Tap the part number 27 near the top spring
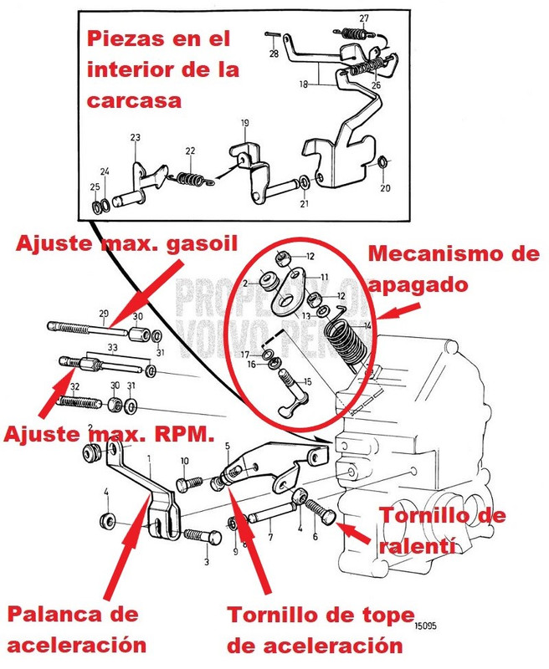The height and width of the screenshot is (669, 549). coord(364,18)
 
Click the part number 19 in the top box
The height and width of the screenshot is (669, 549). coord(244,125)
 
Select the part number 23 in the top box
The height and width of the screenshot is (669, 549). coord(135,138)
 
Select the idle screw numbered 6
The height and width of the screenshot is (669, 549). coord(321,507)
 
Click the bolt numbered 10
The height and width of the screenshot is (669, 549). coord(188,483)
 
